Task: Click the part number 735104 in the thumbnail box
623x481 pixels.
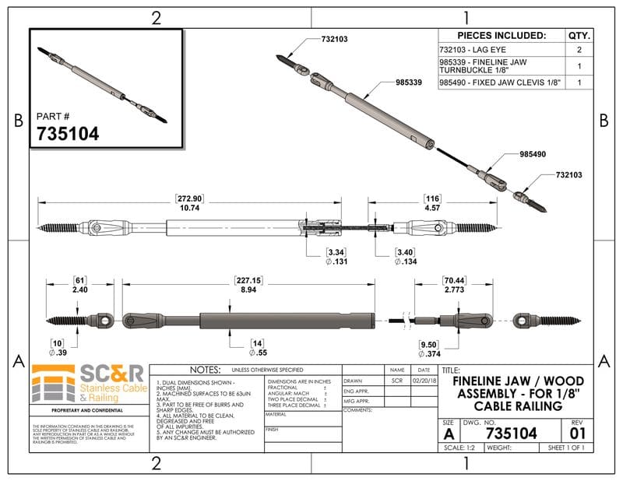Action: (68, 134)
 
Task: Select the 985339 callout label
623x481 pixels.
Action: (409, 81)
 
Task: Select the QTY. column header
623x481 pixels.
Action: (579, 36)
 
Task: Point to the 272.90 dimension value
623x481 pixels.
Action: (191, 198)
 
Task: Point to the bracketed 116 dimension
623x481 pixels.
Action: (432, 198)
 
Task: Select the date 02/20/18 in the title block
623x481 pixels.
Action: (424, 381)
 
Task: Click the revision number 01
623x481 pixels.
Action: (577, 432)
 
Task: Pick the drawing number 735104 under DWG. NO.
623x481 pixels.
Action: (510, 434)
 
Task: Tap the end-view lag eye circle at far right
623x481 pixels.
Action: (527, 319)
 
